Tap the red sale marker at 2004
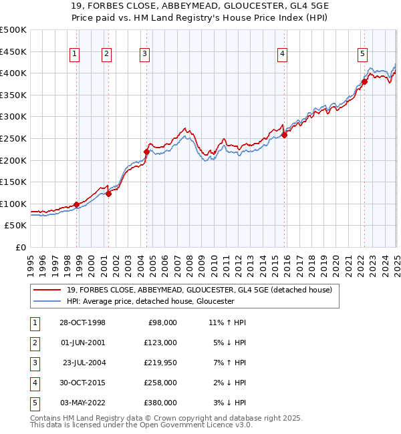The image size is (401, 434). (x=146, y=152)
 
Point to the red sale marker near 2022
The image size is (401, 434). (x=364, y=82)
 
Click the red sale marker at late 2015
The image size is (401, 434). (x=285, y=135)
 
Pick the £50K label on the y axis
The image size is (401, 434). (x=17, y=226)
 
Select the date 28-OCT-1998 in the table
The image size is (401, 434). (x=82, y=322)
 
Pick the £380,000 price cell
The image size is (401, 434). (x=161, y=403)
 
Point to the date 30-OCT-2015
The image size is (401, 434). (x=82, y=383)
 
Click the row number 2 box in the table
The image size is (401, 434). (x=34, y=343)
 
